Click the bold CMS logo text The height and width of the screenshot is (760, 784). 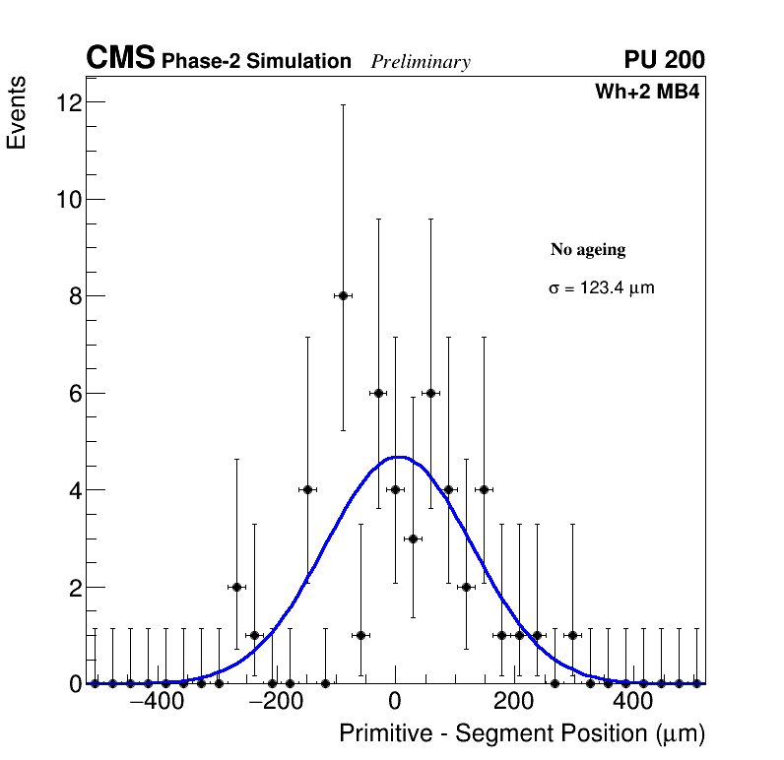(x=120, y=59)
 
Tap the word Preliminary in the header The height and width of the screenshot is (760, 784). (x=421, y=62)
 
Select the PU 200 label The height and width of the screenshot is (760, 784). (x=664, y=60)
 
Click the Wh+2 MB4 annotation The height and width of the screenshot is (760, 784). (x=647, y=93)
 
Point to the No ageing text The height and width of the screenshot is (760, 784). (x=588, y=250)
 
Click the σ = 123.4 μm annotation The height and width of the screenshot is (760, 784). (x=601, y=288)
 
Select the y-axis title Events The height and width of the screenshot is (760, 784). (x=17, y=114)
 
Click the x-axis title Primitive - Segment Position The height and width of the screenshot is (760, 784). (x=522, y=734)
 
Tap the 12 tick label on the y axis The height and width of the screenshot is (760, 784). (x=68, y=102)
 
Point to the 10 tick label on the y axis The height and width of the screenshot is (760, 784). (x=68, y=200)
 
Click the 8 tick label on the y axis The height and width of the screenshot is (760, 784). (x=74, y=296)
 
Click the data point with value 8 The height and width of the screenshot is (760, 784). (x=343, y=295)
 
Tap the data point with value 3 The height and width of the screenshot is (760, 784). (x=413, y=538)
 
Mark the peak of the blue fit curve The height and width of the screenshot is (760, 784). (x=398, y=457)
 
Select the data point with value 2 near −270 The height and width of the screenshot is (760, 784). (x=236, y=587)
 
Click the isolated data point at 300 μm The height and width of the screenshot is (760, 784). (x=572, y=635)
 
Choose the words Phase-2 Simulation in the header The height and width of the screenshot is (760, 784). (x=256, y=62)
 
